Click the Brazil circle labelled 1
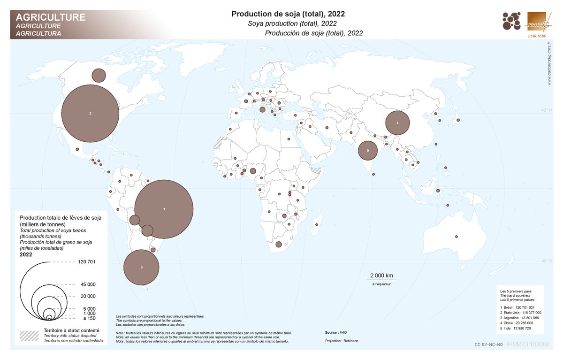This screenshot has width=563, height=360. click(164, 209)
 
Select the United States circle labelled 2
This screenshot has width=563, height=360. click(90, 113)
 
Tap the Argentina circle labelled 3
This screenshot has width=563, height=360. click(141, 267)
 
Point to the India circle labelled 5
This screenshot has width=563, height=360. click(368, 151)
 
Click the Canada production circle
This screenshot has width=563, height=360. click(99, 75)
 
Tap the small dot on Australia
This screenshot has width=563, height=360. click(456, 236)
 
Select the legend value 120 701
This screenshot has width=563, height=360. click(85, 262)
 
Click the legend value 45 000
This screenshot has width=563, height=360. click(88, 284)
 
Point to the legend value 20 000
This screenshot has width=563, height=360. click(88, 296)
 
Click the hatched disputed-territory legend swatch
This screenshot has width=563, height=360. click(29, 335)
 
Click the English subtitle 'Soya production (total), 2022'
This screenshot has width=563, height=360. click(293, 23)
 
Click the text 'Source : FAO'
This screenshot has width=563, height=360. click(336, 332)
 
